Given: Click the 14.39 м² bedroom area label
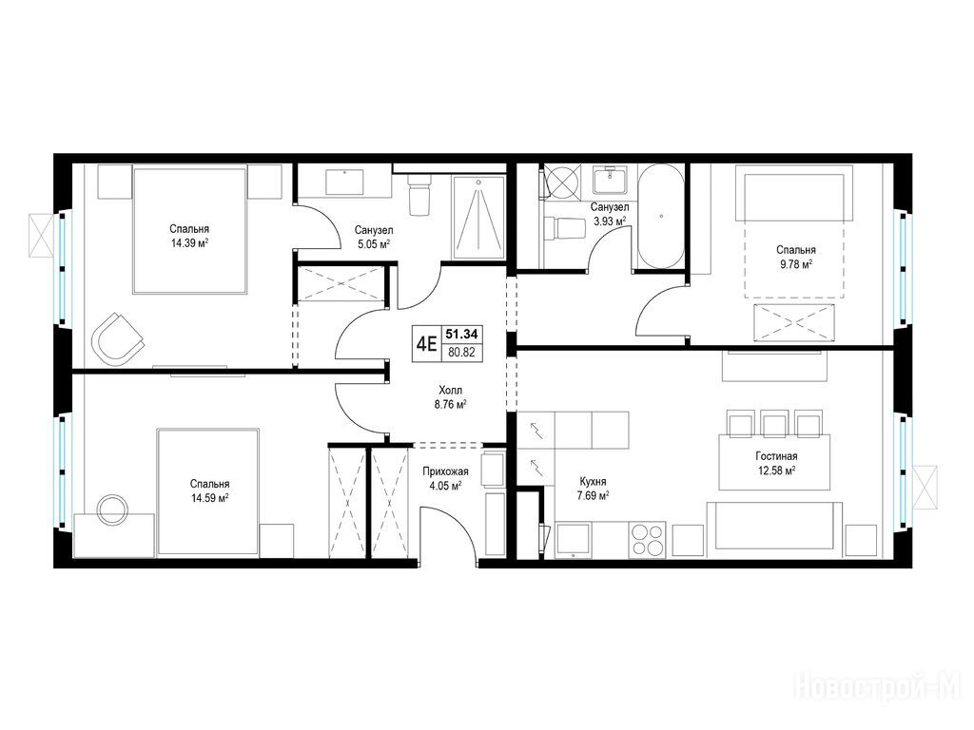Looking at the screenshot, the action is (189, 243).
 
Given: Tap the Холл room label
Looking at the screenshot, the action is (450, 391).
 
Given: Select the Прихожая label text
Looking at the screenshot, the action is (445, 471).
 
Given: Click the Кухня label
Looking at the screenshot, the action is (593, 481).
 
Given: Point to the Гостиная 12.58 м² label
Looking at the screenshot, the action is (777, 464).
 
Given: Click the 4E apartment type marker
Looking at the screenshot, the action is (426, 343).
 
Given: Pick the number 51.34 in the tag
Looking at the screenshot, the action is (461, 334).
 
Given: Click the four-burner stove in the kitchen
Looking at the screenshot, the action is (647, 540).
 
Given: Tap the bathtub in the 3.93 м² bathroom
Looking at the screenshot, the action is (662, 218).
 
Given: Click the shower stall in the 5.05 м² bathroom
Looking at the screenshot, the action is (479, 218).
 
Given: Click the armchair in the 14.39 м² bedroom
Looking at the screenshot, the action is (118, 339).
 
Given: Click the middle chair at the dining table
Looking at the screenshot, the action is (775, 424).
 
